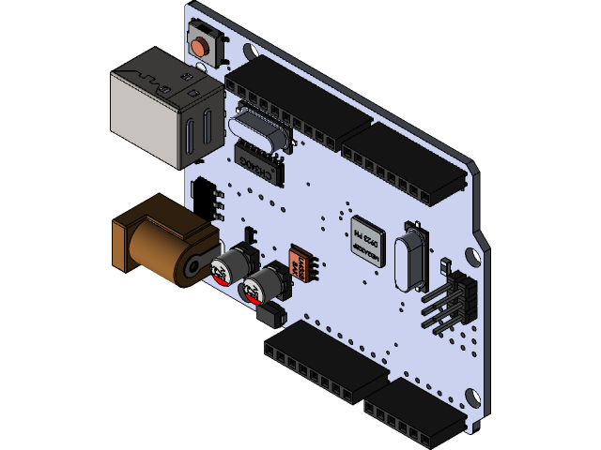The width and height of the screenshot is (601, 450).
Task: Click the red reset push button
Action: pos(199,44)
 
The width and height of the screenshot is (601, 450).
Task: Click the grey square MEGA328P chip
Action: pos(367,239)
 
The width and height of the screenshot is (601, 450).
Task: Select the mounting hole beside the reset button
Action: pos(246,50)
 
